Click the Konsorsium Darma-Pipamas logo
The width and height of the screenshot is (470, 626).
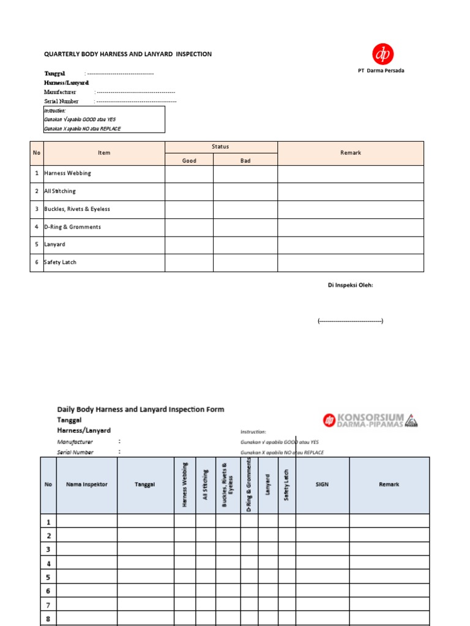click(x=371, y=421)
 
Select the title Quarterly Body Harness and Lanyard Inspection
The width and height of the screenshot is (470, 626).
click(x=128, y=54)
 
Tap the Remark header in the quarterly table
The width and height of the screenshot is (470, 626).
click(x=350, y=153)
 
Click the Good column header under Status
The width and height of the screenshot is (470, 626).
click(x=189, y=161)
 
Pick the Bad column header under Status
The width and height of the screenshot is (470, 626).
click(x=245, y=161)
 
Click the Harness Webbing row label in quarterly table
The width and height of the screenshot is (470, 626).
click(x=67, y=174)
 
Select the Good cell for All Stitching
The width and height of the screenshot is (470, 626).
click(x=189, y=191)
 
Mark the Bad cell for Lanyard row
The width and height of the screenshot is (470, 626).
click(x=245, y=245)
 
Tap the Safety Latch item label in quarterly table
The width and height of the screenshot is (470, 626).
click(x=60, y=262)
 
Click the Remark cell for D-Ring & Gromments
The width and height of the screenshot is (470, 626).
click(x=350, y=227)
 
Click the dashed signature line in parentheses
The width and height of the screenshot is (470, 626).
click(x=350, y=321)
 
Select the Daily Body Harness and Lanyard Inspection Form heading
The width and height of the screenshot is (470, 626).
click(x=141, y=410)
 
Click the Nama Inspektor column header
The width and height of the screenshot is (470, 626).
click(x=86, y=484)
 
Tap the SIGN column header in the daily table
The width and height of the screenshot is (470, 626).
click(x=322, y=484)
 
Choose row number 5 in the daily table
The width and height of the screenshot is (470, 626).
click(x=48, y=576)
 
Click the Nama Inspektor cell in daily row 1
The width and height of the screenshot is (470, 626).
click(x=86, y=521)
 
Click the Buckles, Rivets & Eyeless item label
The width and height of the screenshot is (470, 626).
click(x=77, y=209)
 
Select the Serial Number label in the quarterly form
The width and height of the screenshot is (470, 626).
click(x=61, y=101)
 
